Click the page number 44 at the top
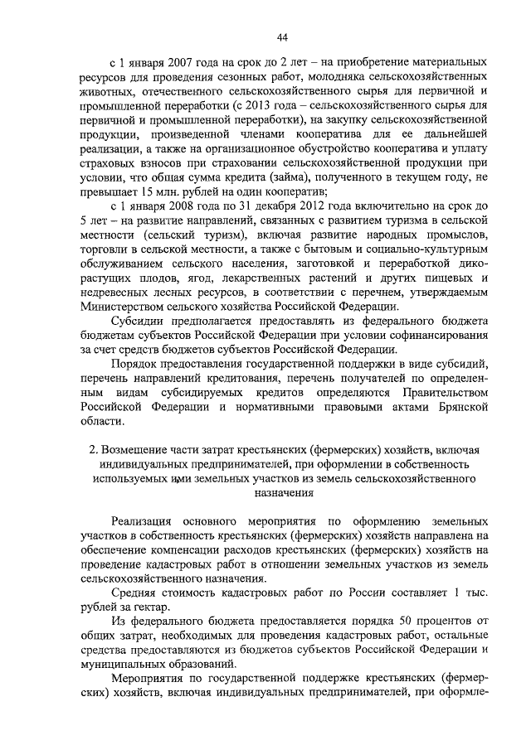click(282, 36)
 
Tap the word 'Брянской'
click(457, 411)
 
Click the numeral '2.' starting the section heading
click(94, 448)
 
